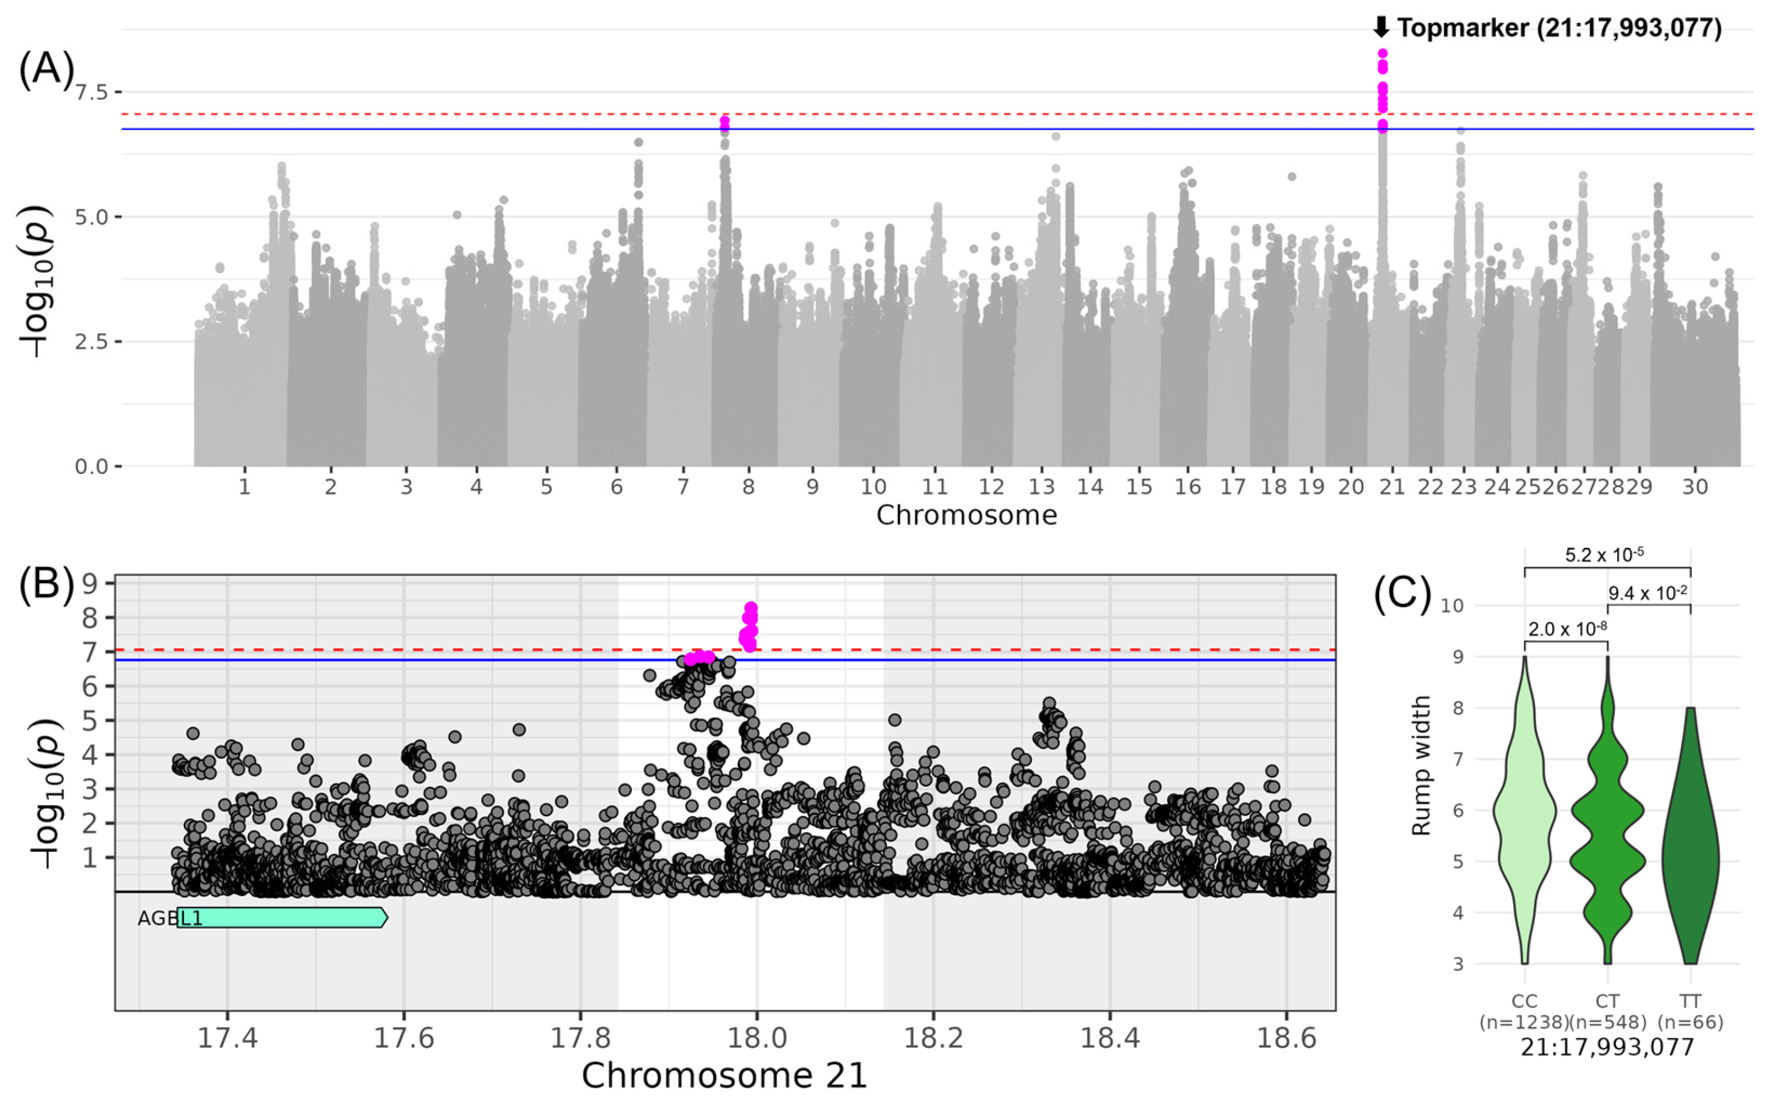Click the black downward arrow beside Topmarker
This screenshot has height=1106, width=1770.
tap(1380, 28)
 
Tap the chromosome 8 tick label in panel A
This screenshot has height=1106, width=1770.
tap(748, 487)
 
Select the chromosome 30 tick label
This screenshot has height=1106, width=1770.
tap(1695, 487)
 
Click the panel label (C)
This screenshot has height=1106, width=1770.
tap(1402, 594)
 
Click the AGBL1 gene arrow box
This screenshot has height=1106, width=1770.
tap(282, 918)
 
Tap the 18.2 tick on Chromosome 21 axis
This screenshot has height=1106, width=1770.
tap(933, 1039)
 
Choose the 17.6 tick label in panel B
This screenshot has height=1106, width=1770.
tap(404, 1039)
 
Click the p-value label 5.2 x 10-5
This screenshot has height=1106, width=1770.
tap(1605, 555)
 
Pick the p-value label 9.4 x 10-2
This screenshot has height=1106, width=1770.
tap(1648, 592)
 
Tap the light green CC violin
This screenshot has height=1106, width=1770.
tap(1525, 826)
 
